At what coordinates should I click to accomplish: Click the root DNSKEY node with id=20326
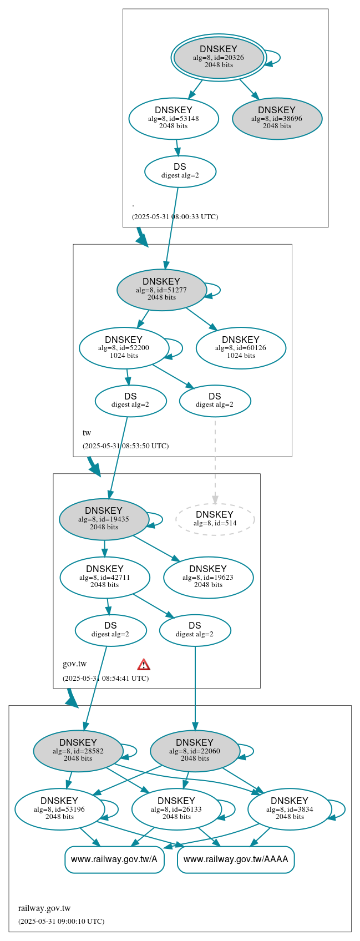[219, 57]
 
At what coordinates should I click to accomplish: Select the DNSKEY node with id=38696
[277, 118]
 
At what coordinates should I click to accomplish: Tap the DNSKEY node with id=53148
[174, 118]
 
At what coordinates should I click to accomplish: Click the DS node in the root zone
[180, 171]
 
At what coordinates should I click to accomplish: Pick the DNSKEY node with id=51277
[161, 290]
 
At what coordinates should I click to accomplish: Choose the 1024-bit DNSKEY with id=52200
[124, 348]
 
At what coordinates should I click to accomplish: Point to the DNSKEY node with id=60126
[241, 348]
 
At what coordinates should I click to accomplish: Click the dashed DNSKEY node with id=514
[215, 519]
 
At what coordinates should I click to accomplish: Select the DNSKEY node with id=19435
[104, 519]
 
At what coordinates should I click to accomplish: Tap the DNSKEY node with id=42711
[104, 577]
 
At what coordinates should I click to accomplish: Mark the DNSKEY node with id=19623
[208, 577]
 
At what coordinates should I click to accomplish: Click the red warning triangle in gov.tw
[144, 664]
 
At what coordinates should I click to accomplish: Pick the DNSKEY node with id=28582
[78, 751]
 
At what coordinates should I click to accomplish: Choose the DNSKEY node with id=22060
[195, 751]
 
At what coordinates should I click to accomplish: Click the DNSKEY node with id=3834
[290, 809]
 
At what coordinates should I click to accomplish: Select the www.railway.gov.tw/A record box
[114, 859]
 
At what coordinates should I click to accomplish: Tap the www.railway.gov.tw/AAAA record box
[236, 859]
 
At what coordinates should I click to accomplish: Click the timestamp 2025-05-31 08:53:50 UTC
[125, 446]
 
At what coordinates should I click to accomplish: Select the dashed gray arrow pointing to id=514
[215, 461]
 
